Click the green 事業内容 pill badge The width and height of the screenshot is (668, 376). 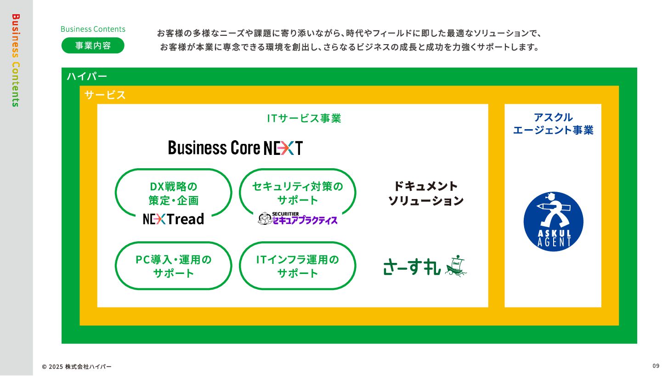pos(93,46)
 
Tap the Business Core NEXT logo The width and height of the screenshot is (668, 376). pos(235,148)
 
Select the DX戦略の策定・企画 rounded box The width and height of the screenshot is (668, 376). pos(173,193)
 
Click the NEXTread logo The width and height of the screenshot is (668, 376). pos(173,219)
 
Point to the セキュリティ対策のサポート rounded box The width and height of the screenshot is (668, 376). pos(298,193)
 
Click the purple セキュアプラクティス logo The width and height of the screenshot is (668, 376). pos(298,219)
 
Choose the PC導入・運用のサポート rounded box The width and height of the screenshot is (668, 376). pos(173,266)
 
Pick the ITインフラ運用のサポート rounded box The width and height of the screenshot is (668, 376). pos(298,266)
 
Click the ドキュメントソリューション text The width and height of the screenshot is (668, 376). pos(426,194)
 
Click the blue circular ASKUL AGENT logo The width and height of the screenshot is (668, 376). pos(553,222)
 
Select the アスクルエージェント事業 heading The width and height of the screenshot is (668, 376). pos(553,124)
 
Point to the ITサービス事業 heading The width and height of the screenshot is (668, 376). pos(304,119)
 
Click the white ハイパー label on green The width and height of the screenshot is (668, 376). pos(87,76)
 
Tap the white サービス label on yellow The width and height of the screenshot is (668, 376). pos(105,95)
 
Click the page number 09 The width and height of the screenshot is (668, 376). pos(656,366)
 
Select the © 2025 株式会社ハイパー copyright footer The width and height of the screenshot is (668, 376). pos(77,366)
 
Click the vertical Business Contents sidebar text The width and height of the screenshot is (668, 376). pos(16,60)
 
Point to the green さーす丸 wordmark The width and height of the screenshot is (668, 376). pos(412,267)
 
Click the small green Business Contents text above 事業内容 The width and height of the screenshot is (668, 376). pos(93,29)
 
